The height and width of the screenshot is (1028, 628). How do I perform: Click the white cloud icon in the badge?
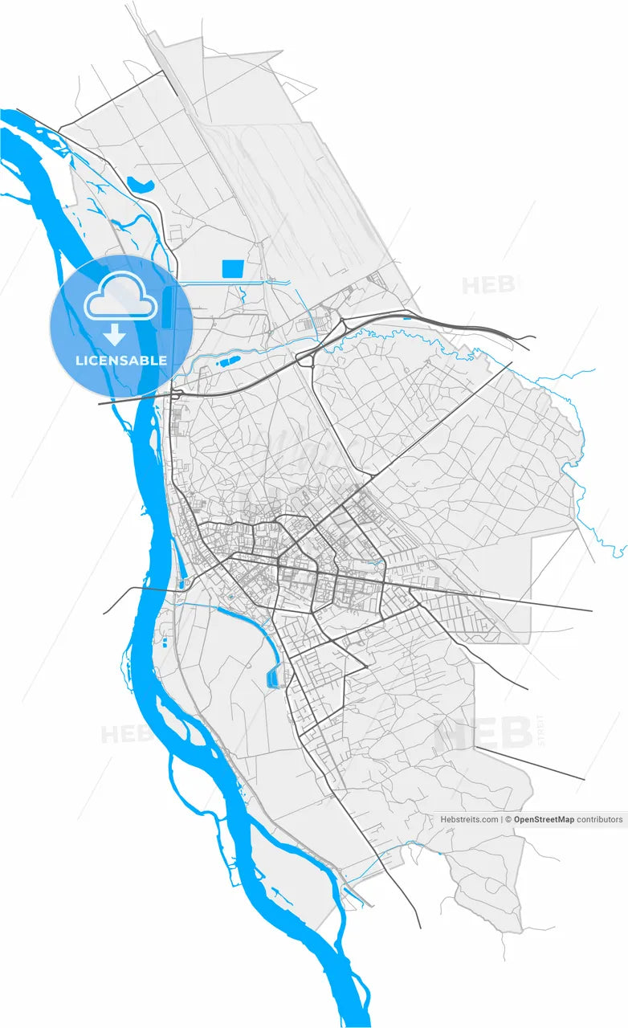[121, 295]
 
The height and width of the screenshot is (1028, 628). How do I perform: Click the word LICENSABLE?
[121, 361]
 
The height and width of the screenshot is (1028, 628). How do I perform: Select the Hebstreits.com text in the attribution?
[469, 820]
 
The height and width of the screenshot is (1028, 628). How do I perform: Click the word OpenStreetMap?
[544, 820]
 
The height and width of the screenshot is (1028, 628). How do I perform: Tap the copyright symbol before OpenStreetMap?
[508, 820]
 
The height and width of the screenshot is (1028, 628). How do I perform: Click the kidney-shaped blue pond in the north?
[141, 185]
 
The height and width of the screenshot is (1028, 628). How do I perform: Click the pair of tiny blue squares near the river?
[165, 642]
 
